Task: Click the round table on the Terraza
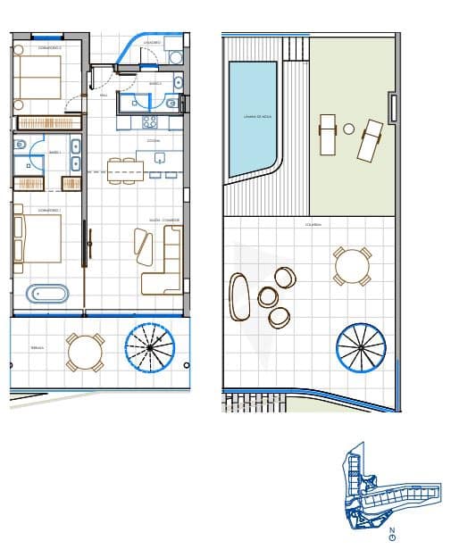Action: (86, 353)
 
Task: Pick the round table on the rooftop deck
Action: (352, 266)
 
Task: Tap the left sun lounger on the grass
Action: (328, 134)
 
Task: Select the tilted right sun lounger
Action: (369, 140)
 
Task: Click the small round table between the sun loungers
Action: (349, 129)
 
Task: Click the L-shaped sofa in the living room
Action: (166, 261)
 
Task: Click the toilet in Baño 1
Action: (20, 145)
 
